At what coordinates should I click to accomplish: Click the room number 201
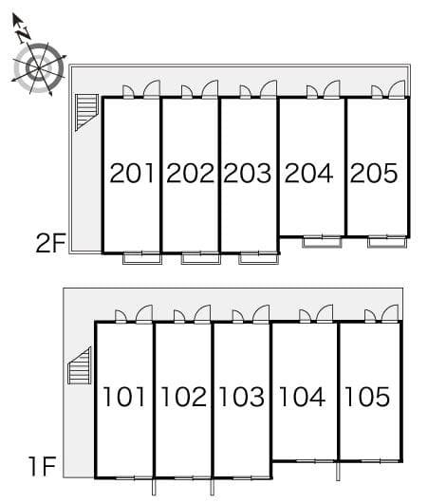click(x=132, y=174)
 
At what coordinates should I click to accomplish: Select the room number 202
click(x=191, y=174)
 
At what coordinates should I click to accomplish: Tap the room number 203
click(x=249, y=174)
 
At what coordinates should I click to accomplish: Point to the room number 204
click(x=308, y=174)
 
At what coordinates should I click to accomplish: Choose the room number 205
click(x=374, y=174)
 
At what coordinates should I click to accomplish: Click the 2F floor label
click(x=50, y=244)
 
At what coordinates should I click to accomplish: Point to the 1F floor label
click(x=43, y=466)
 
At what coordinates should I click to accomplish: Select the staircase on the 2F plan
click(x=86, y=113)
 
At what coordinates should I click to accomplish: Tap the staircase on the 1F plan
click(x=79, y=366)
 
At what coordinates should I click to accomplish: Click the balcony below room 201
click(x=141, y=256)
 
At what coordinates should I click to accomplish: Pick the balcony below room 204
click(x=322, y=241)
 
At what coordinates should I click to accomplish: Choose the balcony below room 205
click(x=387, y=241)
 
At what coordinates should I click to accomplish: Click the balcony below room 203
click(x=258, y=256)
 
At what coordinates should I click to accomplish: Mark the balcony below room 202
click(x=200, y=256)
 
